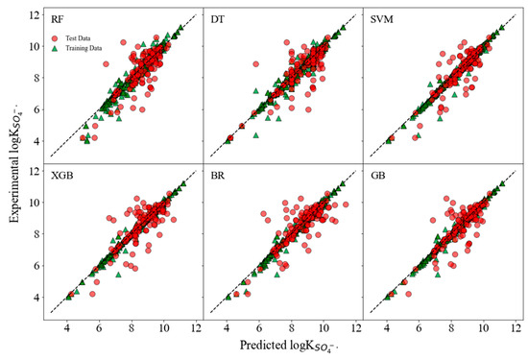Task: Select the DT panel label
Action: (x=216, y=20)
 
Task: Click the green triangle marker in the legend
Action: (x=60, y=48)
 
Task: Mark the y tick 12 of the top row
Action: (x=33, y=13)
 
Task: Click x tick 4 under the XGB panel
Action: (x=67, y=326)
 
